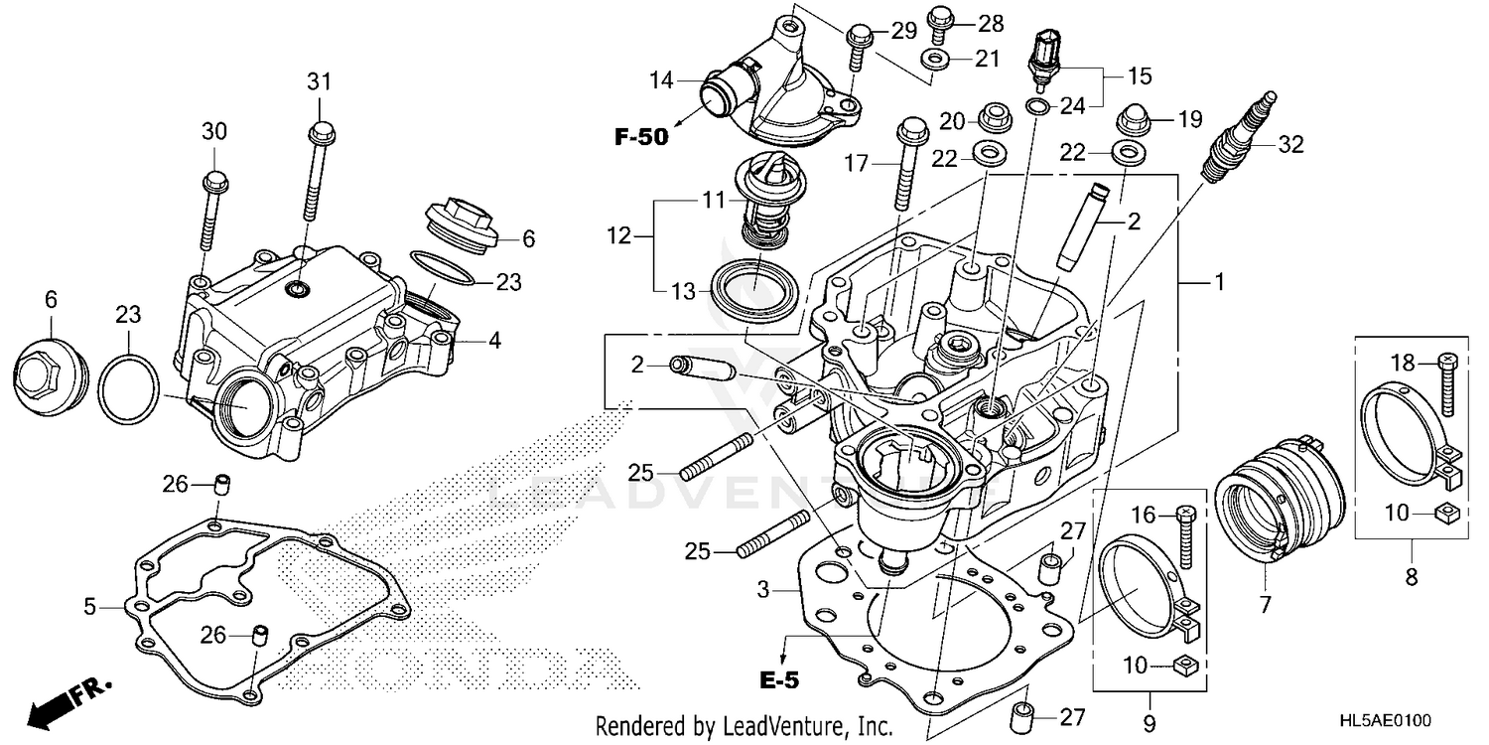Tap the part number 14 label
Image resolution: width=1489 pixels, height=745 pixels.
pos(662,78)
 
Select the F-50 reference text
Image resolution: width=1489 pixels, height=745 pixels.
pos(641,137)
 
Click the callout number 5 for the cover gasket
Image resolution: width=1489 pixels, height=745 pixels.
pos(90,605)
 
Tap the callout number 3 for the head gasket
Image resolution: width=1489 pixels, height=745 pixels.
pos(762,590)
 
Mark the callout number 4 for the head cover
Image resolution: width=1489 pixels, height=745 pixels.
pos(493,341)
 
